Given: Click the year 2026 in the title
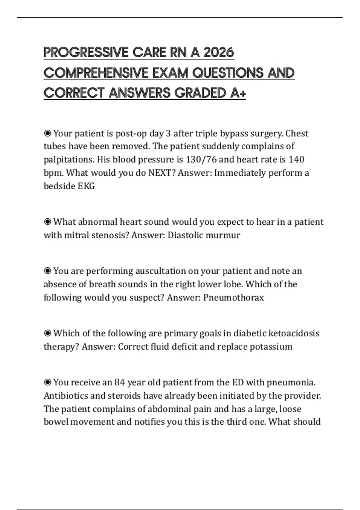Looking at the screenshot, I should [219, 52].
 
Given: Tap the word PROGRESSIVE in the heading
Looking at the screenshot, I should [86, 52].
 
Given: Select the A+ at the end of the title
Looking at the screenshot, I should [238, 93].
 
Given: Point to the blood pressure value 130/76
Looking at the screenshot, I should [201, 159].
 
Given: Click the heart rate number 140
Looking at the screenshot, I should [296, 159].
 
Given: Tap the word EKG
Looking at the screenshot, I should [86, 186].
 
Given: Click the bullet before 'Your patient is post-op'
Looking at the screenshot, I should [47, 133].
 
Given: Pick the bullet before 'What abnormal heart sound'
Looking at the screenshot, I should [47, 222].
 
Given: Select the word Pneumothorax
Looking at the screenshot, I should [234, 297].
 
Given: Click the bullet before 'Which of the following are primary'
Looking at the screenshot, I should [47, 333].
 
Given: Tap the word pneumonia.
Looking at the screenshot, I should [291, 382].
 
